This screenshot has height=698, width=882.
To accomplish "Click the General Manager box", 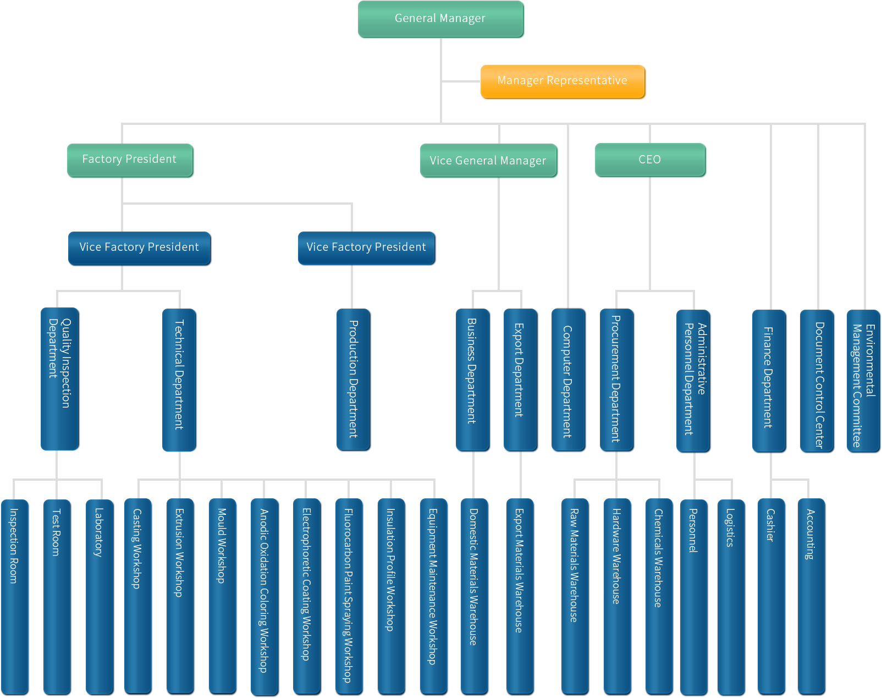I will tap(440, 19).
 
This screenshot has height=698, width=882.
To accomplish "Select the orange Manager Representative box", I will tap(563, 81).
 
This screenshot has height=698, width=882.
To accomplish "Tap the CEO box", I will tap(650, 160).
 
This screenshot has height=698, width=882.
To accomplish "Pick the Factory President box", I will tap(130, 160).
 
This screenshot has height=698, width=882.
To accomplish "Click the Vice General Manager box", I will tap(488, 161).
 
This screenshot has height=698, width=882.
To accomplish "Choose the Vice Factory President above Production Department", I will tap(366, 248).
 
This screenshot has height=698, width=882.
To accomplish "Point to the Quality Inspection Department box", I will tap(60, 379).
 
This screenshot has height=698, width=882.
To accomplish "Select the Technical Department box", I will tap(179, 380).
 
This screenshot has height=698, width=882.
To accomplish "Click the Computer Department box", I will tap(568, 380).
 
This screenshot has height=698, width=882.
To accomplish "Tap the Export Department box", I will tap(520, 380).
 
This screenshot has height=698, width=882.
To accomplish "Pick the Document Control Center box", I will tap(817, 381).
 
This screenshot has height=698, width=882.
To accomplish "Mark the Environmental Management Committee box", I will tap(863, 381).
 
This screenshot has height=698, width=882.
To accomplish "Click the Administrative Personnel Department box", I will tap(693, 381).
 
